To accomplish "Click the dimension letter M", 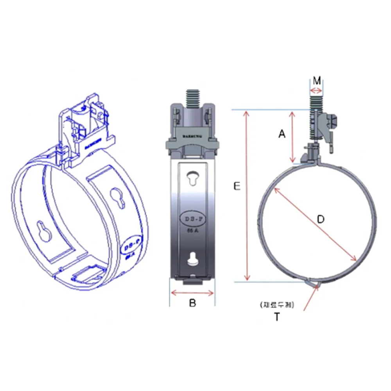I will [x=317, y=81].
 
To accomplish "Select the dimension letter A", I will [x=282, y=134].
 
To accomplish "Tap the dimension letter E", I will [x=237, y=187].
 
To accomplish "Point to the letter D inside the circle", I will [x=321, y=219].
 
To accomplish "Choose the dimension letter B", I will [x=192, y=303].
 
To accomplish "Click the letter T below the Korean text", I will [x=277, y=317].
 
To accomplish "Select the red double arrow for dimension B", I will [x=192, y=292].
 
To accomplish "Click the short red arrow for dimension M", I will [x=316, y=91].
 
